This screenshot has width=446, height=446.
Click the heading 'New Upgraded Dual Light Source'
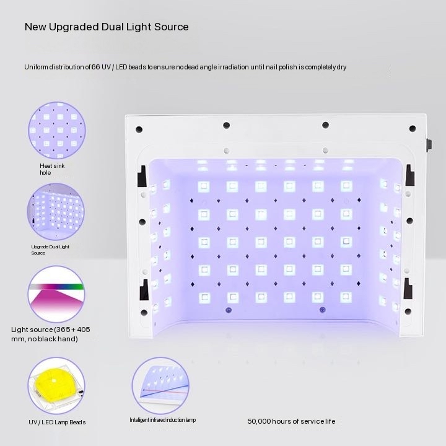click(x=107, y=27)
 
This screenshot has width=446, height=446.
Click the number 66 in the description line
click(x=95, y=67)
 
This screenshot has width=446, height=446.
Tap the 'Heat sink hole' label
click(x=52, y=169)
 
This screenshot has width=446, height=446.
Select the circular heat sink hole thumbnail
click(x=57, y=130)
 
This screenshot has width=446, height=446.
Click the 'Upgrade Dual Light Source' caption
click(x=50, y=250)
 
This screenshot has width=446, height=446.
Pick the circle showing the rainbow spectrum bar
click(x=56, y=294)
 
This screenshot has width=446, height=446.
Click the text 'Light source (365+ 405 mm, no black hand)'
click(x=51, y=334)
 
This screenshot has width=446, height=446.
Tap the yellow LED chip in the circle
click(x=53, y=383)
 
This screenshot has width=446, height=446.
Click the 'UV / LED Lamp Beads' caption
click(x=57, y=422)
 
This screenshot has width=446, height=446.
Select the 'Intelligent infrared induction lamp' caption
click(x=163, y=420)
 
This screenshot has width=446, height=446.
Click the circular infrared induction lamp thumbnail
click(x=160, y=386)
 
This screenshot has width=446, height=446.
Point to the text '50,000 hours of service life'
click(x=291, y=421)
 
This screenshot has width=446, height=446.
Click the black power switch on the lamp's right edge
click(x=429, y=144)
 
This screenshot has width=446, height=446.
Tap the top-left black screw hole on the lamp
click(x=139, y=129)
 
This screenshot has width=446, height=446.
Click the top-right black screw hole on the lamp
click(x=413, y=129)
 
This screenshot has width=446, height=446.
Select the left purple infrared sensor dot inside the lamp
click(x=229, y=310)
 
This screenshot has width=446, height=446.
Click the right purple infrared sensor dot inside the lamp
click(x=322, y=310)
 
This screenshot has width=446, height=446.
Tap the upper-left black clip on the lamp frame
click(x=142, y=176)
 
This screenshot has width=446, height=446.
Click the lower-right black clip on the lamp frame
click(x=408, y=289)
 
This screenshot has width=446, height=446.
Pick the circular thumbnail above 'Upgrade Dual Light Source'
click(x=56, y=212)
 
